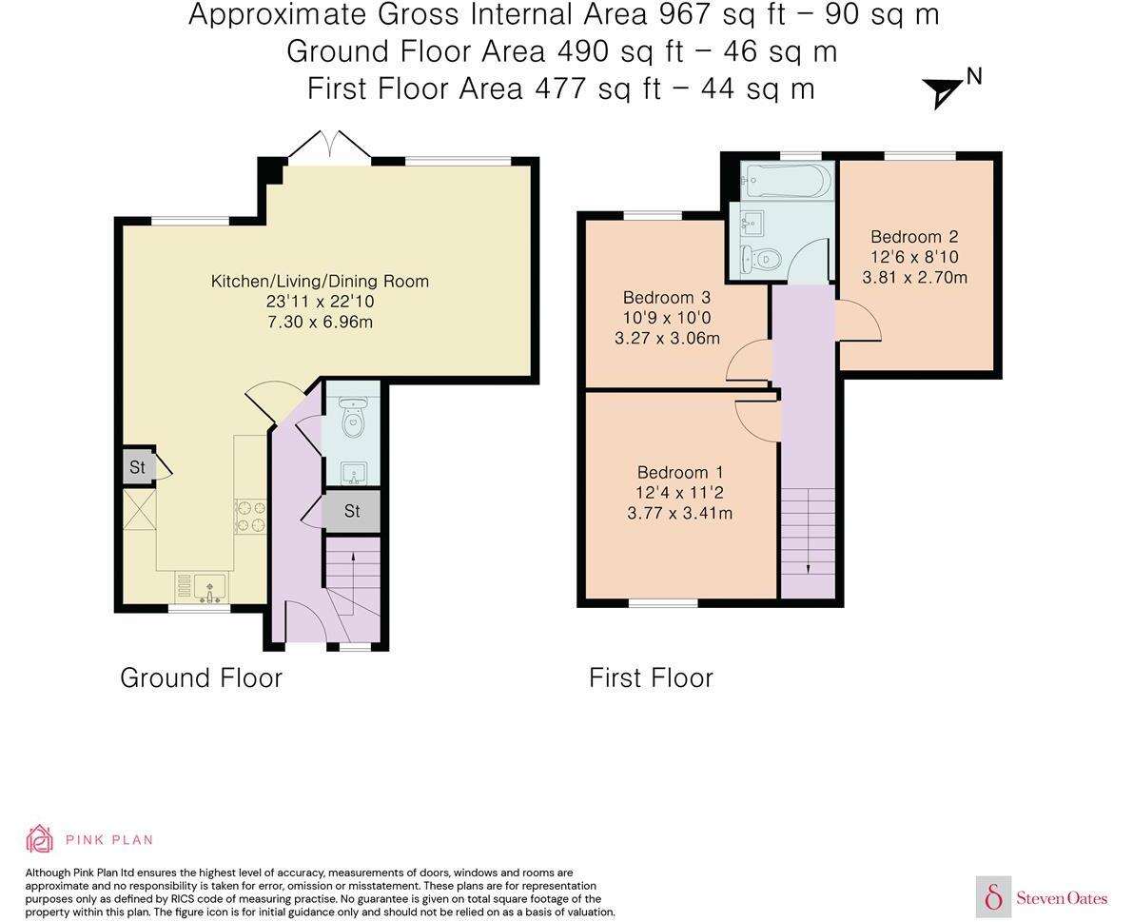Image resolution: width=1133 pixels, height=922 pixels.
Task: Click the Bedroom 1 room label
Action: click(680, 473)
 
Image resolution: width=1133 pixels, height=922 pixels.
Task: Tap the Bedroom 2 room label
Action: click(914, 237)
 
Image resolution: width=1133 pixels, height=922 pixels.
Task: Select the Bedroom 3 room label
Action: click(667, 298)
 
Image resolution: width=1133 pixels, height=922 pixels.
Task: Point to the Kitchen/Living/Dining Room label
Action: click(320, 281)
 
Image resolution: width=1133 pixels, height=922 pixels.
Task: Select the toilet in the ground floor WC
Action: click(353, 418)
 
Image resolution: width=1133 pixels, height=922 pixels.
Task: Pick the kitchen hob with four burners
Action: click(250, 516)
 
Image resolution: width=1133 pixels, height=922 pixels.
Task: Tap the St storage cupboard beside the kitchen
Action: click(137, 467)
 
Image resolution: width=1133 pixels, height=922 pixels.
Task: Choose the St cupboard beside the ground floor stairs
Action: click(351, 512)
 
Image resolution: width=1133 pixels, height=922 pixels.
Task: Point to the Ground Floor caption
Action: click(201, 677)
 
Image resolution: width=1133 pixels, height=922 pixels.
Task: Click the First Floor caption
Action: click(651, 677)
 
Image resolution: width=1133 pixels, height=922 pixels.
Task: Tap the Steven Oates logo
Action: click(1043, 897)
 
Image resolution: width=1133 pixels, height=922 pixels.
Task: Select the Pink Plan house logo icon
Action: click(40, 839)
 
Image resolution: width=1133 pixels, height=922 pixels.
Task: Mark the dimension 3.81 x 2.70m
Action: click(914, 278)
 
